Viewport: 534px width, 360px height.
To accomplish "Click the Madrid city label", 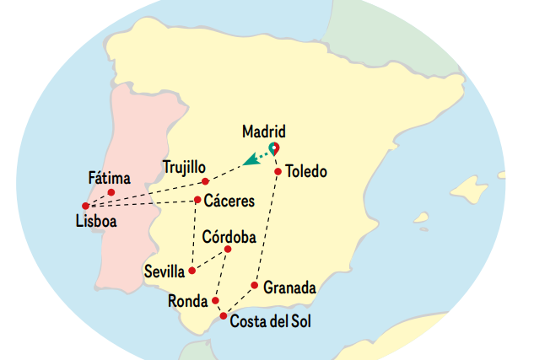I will (263, 132).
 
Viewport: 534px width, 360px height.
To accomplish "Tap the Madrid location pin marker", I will (273, 149).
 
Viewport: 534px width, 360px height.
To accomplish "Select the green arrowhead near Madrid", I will (250, 160).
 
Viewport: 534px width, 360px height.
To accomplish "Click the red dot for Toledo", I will (278, 173).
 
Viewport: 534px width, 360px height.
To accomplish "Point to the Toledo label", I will (306, 172).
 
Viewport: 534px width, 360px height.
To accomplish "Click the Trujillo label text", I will (184, 166).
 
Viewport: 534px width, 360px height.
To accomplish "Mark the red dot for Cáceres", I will (197, 200).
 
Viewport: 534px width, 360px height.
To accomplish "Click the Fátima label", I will (110, 178).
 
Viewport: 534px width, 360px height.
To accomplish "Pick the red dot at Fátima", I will (111, 192).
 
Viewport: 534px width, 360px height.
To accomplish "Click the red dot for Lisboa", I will (85, 206).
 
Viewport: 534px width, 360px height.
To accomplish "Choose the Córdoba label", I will (229, 237).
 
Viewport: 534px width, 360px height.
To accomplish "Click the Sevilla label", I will (165, 271).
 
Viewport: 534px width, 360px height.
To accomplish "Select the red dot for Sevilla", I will (192, 271).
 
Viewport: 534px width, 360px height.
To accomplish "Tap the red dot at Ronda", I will (216, 300).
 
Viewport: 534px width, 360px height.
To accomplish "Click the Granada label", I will (289, 287).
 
